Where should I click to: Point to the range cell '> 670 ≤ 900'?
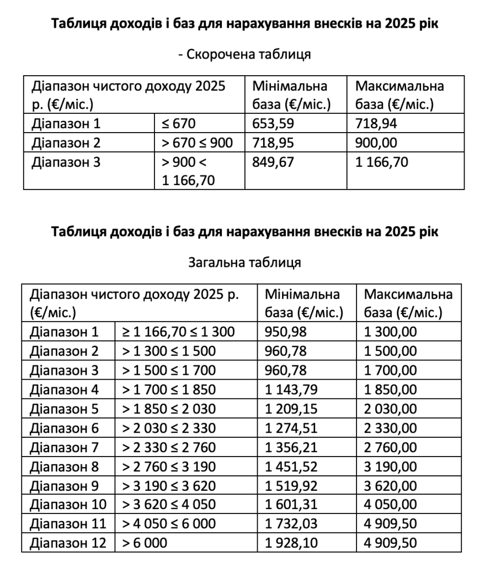197,143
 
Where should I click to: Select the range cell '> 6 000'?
144,543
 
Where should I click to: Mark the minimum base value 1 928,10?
291,543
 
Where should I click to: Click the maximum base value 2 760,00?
391,447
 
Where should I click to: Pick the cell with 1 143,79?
291,390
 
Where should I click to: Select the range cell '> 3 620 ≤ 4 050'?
169,505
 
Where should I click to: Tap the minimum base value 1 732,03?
291,523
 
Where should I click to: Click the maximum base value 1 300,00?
391,332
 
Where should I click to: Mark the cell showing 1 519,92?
291,485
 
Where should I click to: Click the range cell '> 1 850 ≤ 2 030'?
169,409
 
